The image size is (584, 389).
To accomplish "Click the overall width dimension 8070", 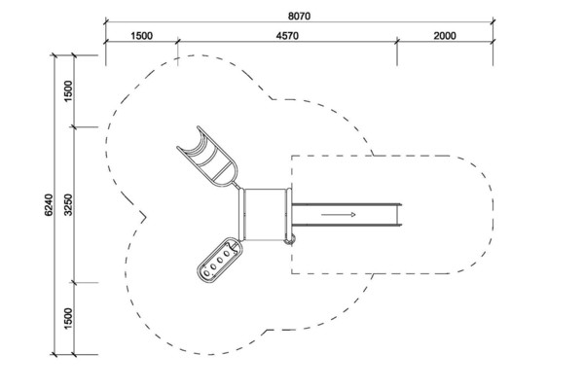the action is pyautogui.click(x=299, y=16).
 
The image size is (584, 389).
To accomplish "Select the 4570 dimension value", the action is pyautogui.click(x=287, y=36).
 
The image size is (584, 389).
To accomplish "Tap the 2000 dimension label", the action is pyautogui.click(x=445, y=36).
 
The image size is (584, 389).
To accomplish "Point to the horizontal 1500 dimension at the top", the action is pyautogui.click(x=141, y=36).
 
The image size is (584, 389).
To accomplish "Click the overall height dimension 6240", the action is pyautogui.click(x=49, y=204).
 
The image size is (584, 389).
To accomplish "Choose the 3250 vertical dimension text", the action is pyautogui.click(x=68, y=204).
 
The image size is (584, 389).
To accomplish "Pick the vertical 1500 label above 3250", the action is pyautogui.click(x=68, y=90).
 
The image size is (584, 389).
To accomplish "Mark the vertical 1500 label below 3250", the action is pyautogui.click(x=68, y=318).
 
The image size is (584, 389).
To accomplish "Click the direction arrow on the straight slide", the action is pyautogui.click(x=338, y=214).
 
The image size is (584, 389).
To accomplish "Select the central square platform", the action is pyautogui.click(x=265, y=214).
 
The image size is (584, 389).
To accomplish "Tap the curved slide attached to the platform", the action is pyautogui.click(x=207, y=157).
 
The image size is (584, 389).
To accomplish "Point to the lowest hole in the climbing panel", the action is pyautogui.click(x=207, y=273).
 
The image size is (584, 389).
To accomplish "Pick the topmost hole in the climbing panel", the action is pyautogui.click(x=227, y=254).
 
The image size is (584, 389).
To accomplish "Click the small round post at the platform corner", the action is pyautogui.click(x=290, y=240).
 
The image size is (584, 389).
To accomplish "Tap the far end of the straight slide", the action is pyautogui.click(x=398, y=214).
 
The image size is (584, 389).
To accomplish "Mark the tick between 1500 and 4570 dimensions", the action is pyautogui.click(x=178, y=41).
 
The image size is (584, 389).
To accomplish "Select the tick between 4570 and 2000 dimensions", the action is pyautogui.click(x=397, y=41).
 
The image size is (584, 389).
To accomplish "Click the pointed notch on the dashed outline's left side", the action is pyautogui.click(x=145, y=216).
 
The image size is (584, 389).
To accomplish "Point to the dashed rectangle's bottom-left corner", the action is pyautogui.click(x=292, y=273).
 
